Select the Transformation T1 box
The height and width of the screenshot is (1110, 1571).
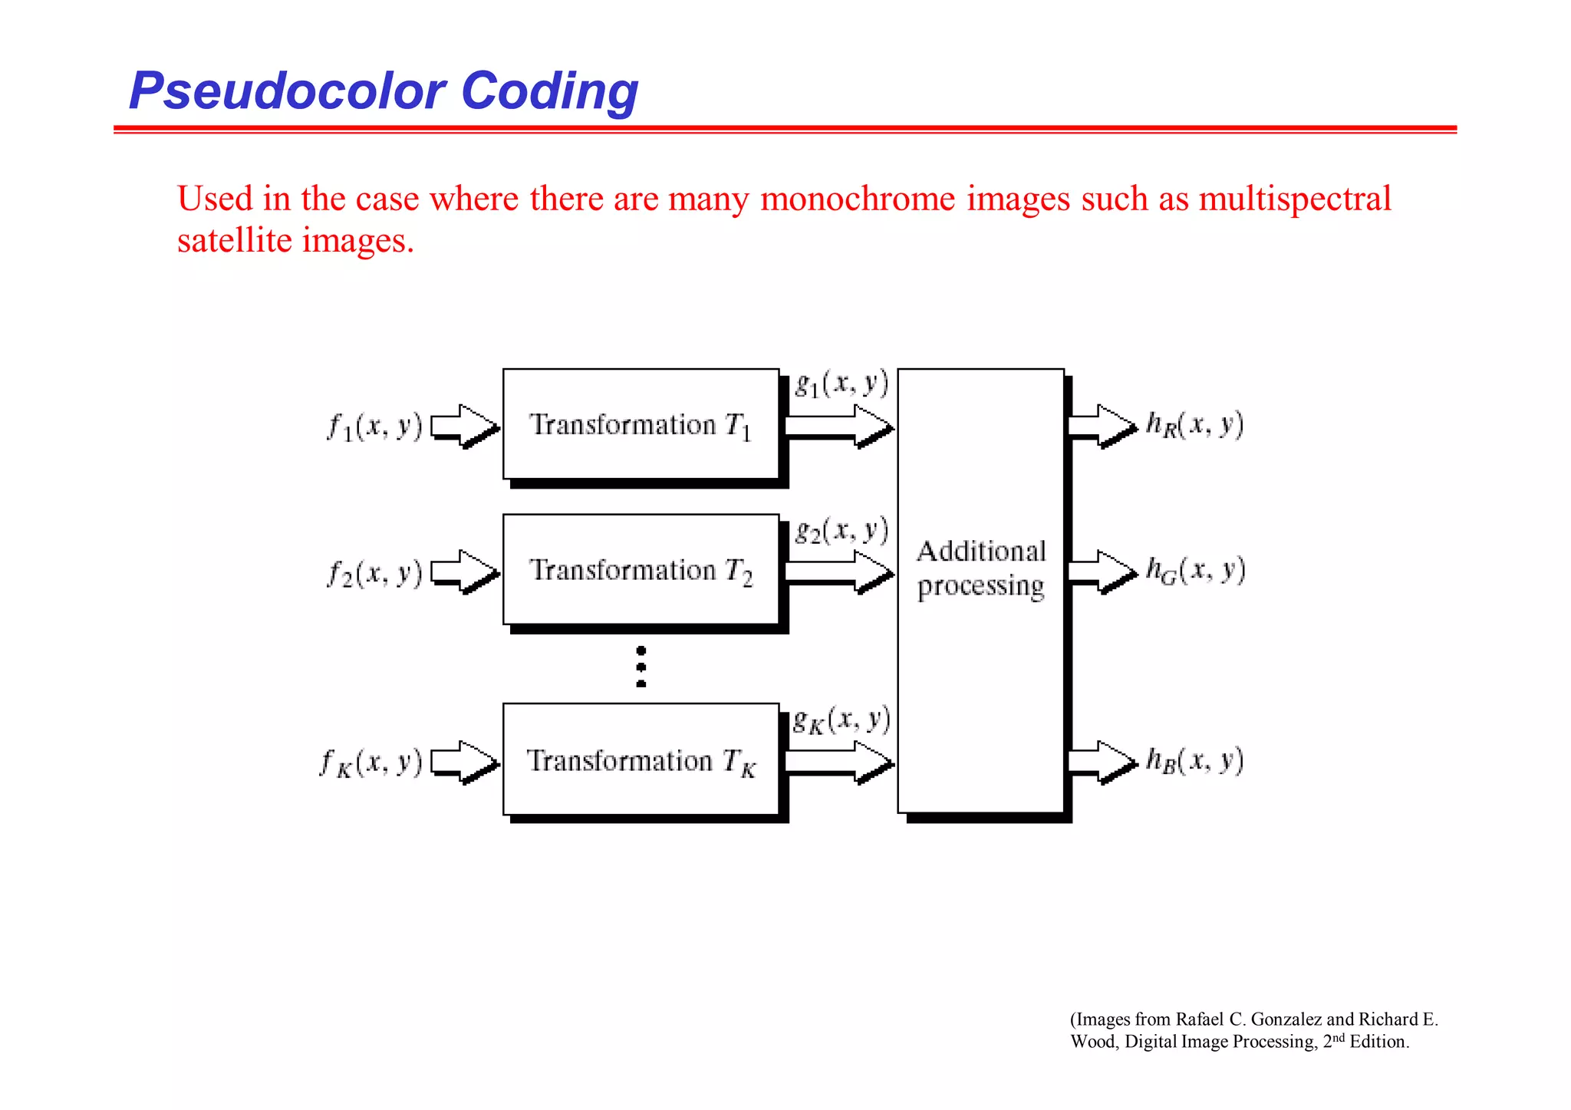(x=641, y=424)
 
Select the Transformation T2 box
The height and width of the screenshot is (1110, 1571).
(x=641, y=570)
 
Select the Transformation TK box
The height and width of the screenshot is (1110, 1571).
(x=641, y=760)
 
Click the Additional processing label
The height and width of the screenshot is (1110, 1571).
(x=980, y=568)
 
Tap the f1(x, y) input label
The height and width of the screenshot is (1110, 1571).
(x=375, y=426)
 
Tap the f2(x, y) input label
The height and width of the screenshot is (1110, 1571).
(x=375, y=572)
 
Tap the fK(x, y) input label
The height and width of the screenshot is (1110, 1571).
(x=371, y=763)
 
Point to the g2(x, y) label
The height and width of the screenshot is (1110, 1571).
(x=841, y=530)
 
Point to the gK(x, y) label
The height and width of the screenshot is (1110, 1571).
(x=841, y=720)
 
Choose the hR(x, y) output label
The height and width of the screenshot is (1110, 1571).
(x=1194, y=424)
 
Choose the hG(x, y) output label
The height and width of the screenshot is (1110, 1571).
(x=1195, y=570)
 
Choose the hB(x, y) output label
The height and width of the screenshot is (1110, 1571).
(x=1194, y=760)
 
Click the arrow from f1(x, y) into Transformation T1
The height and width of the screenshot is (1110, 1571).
(x=465, y=424)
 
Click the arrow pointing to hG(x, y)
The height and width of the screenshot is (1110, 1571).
(x=1102, y=571)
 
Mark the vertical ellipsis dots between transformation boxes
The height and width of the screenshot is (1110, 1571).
(x=641, y=667)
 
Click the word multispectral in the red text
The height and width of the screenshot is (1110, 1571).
(x=1294, y=199)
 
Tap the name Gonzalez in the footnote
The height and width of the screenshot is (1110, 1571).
(x=1286, y=1019)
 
